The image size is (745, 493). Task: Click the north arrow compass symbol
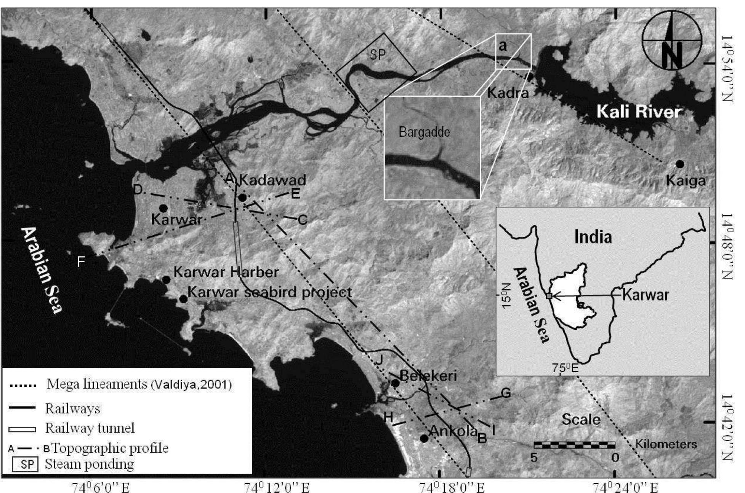pos(672,40)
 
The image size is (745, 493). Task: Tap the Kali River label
pos(639,112)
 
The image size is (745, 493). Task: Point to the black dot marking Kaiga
pos(680,164)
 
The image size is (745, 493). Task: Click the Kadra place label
pos(508,93)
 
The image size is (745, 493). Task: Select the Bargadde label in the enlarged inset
pos(424,132)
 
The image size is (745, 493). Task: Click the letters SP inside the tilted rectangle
pos(378,55)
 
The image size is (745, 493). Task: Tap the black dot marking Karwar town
pos(163,208)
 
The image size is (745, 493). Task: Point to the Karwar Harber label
pos(226,272)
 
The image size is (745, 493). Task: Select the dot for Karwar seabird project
pos(183,299)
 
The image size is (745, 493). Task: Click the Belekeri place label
pos(428,376)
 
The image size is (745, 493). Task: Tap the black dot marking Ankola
pos(424,438)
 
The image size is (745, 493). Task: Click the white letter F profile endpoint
pos(81,262)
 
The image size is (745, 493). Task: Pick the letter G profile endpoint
pos(506,393)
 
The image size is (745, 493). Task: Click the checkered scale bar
pos(574,445)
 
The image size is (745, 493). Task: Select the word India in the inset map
pos(593,237)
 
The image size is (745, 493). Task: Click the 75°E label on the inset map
pos(565,368)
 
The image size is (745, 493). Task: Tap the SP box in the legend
pos(25,464)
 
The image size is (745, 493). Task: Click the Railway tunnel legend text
pos(90,428)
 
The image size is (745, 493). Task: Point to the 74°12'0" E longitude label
pos(276,487)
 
